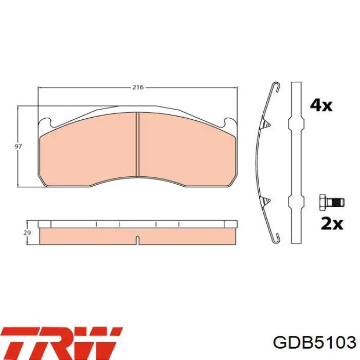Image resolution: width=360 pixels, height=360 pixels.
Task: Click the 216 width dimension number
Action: click(x=138, y=87)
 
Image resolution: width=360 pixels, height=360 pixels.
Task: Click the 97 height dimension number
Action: click(x=18, y=146)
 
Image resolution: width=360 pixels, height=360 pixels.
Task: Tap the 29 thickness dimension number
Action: click(x=27, y=232)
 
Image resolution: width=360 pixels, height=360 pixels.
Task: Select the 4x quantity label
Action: click(x=321, y=105)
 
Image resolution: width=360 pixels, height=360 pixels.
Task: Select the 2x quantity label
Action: click(x=332, y=224)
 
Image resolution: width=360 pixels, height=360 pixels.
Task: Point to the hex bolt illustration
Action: click(x=332, y=202)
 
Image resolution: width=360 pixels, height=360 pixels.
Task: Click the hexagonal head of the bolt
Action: click(x=323, y=202)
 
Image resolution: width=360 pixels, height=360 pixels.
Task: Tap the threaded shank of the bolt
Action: click(x=336, y=202)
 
